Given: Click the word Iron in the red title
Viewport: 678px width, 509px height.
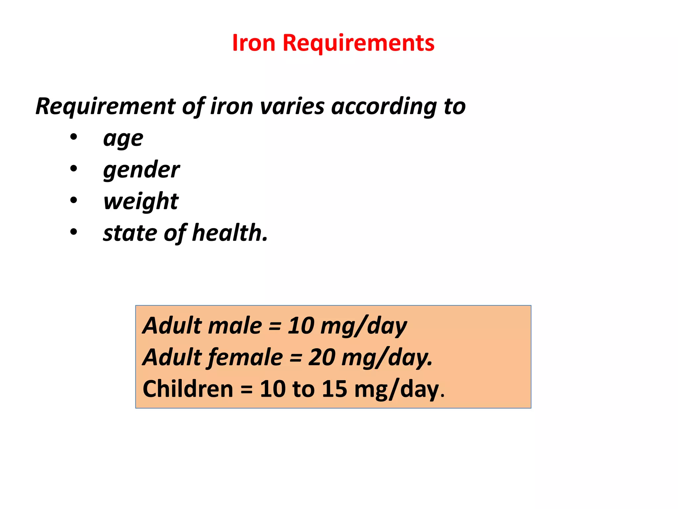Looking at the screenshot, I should pyautogui.click(x=254, y=43).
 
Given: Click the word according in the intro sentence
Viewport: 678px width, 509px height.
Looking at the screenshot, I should pyautogui.click(x=384, y=106).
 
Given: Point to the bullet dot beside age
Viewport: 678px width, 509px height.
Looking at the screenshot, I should pyautogui.click(x=73, y=137).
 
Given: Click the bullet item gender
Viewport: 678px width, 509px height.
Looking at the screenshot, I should pyautogui.click(x=141, y=170).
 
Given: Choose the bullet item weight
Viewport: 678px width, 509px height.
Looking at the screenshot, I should pyautogui.click(x=141, y=201).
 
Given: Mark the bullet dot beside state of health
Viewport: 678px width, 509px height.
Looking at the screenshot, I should pyautogui.click(x=73, y=232).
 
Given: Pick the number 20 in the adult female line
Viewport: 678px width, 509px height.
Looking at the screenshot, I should pyautogui.click(x=321, y=357).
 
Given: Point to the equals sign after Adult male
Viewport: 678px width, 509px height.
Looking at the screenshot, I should pyautogui.click(x=275, y=326).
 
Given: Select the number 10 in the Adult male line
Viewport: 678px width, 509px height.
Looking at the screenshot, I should pyautogui.click(x=301, y=325).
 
